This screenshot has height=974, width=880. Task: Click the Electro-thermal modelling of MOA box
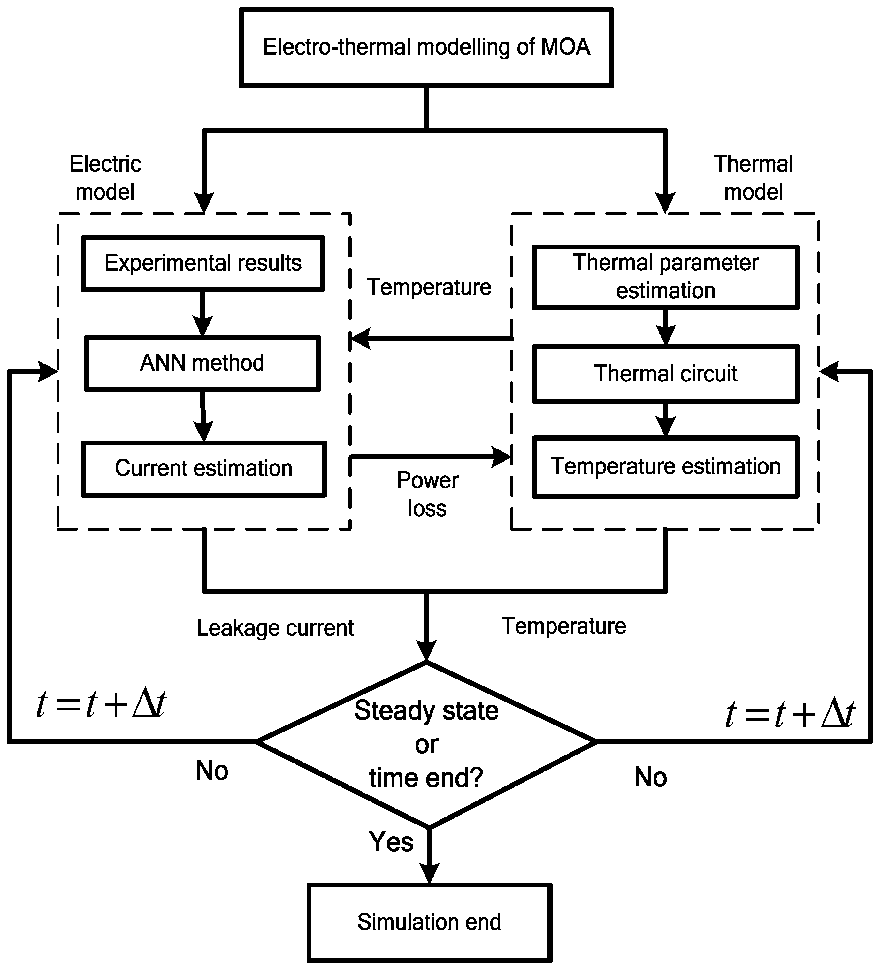pos(426,47)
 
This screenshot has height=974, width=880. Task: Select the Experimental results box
pos(203,263)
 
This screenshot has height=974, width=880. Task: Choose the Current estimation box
pos(204,469)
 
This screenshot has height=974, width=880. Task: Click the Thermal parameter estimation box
pos(666,277)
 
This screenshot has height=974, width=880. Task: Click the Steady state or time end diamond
pos(426,744)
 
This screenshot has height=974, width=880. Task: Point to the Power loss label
pos(427,494)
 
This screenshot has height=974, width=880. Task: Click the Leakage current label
pos(275,628)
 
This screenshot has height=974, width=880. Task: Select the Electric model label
pos(105,178)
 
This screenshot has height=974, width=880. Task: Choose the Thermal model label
pos(754,178)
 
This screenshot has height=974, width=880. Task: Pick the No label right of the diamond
pos(651,777)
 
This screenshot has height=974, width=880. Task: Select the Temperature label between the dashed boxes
pos(429,287)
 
